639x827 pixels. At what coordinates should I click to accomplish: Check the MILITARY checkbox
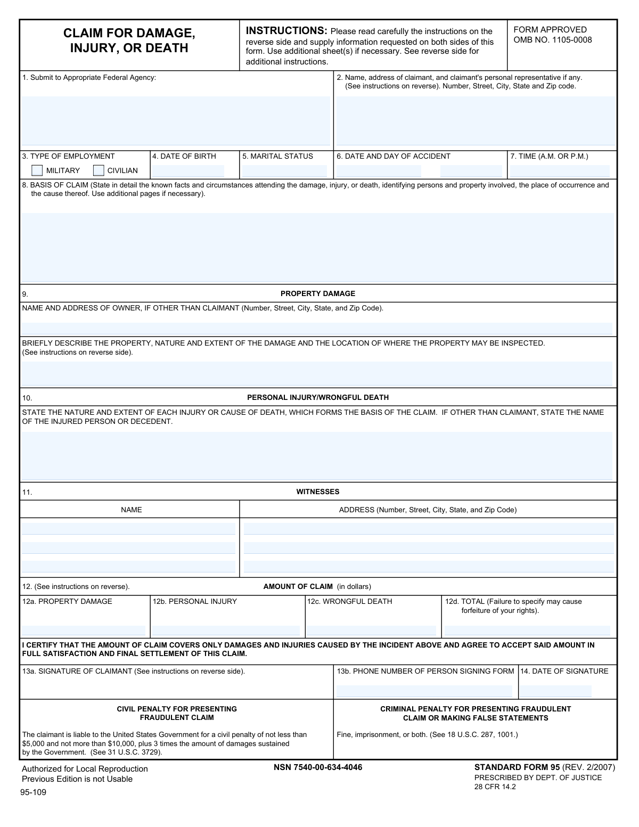point(37,170)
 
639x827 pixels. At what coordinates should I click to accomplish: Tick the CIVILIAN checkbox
point(99,170)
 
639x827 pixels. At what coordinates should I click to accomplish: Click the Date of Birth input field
point(188,171)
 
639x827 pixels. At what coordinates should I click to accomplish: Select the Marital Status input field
point(284,171)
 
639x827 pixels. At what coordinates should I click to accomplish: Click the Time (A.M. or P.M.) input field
point(560,171)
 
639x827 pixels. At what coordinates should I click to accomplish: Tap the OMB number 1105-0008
point(553,40)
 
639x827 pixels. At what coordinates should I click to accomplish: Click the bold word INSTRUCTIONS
point(286,31)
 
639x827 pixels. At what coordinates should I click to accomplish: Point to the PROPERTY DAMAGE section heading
point(317,293)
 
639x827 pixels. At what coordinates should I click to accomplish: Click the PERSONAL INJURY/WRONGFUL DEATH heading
point(317,397)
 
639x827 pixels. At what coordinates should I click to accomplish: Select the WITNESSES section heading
point(317,492)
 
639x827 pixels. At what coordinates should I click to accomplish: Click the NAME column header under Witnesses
point(131,510)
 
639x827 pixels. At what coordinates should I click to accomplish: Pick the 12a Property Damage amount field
point(83,631)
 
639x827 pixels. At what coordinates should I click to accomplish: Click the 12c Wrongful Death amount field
point(371,631)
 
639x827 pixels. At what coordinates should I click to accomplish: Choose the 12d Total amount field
point(527,631)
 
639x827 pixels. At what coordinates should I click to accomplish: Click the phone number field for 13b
point(424,691)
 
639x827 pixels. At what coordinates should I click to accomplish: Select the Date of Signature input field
point(555,691)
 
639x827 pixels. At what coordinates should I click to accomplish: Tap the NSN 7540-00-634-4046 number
point(318,767)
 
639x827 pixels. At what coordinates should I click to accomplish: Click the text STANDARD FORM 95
point(517,767)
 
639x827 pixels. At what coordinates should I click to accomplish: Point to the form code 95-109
point(34,792)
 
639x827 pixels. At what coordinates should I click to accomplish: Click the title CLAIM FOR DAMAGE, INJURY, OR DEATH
point(129,40)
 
